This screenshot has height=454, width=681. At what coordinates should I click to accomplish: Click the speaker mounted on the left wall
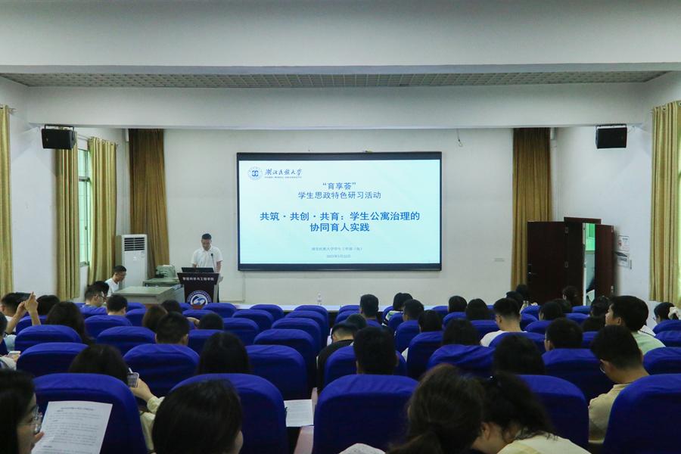point(58,138)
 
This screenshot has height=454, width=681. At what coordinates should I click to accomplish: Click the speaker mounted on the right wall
point(611,137)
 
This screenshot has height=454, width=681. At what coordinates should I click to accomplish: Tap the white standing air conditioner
point(132,260)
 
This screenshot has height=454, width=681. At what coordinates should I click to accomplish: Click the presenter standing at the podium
point(207,253)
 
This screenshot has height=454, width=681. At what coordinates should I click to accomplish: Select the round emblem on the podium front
point(198,297)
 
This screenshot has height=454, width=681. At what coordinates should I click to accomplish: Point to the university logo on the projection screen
point(255,173)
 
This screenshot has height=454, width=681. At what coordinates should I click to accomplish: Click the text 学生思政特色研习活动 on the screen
point(339,194)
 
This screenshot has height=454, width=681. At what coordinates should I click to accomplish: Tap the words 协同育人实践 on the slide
point(339,227)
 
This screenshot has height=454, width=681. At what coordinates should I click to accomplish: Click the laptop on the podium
point(197,269)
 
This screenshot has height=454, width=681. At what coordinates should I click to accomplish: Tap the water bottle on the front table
point(319,299)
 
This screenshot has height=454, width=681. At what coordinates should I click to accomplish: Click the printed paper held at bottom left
point(73,427)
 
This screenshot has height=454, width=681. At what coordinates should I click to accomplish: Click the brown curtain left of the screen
point(149,201)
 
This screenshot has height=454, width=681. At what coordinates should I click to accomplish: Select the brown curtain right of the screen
point(530,204)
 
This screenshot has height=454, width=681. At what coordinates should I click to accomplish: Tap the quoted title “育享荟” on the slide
point(339,185)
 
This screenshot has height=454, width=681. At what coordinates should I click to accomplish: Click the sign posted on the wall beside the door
point(622,244)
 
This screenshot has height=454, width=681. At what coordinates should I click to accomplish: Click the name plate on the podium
point(198,278)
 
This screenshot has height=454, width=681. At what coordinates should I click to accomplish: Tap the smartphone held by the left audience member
point(132,379)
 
